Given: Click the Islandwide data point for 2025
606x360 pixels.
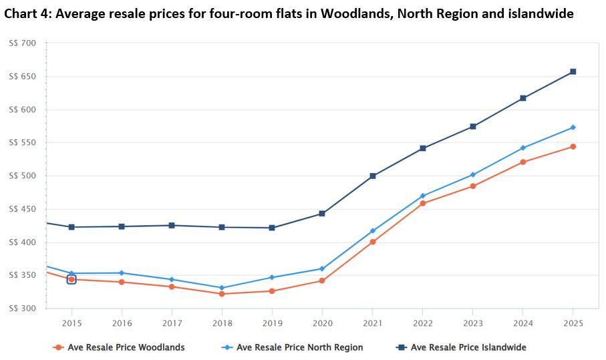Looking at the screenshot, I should [x=573, y=71].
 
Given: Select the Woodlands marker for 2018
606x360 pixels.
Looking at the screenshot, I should [x=222, y=294].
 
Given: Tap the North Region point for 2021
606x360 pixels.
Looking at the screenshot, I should [x=372, y=231].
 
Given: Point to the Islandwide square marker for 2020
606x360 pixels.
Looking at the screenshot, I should [x=322, y=214].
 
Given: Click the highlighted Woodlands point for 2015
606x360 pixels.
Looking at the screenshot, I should [x=71, y=279].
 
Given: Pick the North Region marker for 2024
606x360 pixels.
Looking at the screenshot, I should [x=522, y=148].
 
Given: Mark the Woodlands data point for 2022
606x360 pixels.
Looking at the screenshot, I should [x=422, y=203].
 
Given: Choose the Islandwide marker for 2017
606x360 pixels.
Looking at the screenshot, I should [x=172, y=225].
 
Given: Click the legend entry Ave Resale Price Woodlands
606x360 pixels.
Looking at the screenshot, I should [x=126, y=347].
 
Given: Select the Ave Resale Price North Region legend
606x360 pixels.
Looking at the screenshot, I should [x=299, y=347].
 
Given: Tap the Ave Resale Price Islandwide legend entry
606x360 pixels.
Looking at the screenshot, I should [x=468, y=347].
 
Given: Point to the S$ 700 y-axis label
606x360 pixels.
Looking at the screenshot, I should [x=23, y=43].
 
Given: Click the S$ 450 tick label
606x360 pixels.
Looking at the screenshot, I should [x=23, y=209].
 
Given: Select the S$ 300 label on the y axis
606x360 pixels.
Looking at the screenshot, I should [x=23, y=309].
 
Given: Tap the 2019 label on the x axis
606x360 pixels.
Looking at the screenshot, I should [x=272, y=323].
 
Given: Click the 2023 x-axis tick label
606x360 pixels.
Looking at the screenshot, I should [x=472, y=323].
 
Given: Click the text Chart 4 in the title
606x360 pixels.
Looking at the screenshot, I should [x=26, y=13].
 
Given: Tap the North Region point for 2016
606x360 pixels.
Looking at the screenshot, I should [x=122, y=273].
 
